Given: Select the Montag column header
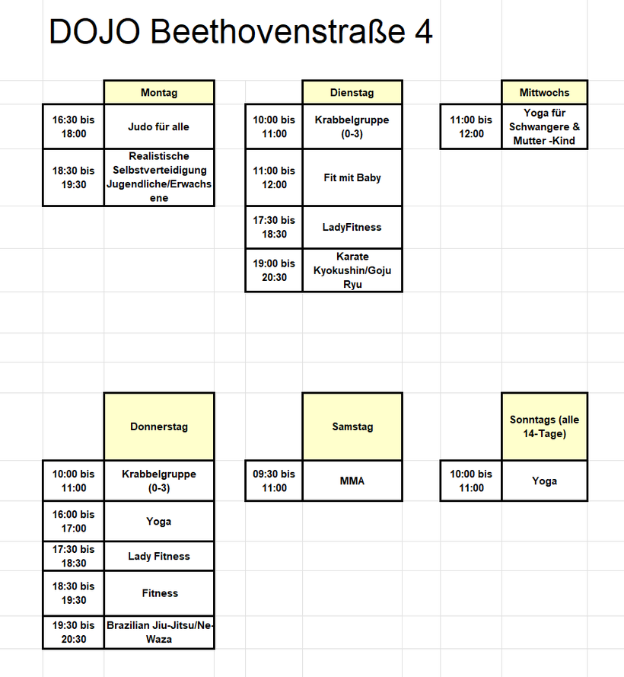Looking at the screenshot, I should pos(159,93).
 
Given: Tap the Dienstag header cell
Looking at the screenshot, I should pos(352,93).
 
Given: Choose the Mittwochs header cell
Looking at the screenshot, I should pos(544,93).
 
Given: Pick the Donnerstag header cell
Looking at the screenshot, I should pos(159,426).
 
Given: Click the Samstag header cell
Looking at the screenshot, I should pos(352,426).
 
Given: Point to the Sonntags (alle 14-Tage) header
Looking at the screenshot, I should pos(544,426).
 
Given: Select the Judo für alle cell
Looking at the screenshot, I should pos(159,126).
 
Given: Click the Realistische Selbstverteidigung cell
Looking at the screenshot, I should pos(159,177).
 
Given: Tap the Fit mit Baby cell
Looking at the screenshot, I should pos(352,177).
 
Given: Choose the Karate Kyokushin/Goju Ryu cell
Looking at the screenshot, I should pos(352,270).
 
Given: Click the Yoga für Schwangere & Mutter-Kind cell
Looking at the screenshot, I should pos(544,126).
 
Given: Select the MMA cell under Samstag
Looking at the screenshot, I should pos(352,481).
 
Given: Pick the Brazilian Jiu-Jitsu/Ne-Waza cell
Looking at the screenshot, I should pos(159,632).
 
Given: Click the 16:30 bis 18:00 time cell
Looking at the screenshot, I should pos(73,126).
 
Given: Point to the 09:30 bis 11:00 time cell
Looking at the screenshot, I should pos(274,481).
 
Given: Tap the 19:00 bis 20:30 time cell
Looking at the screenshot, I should pos(274,270).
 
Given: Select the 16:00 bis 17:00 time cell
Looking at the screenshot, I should pos(73,521).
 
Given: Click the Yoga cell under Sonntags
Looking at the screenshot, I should pos(544,481).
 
